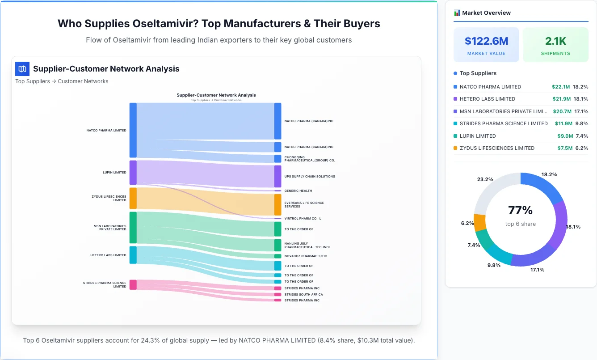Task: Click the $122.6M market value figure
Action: [x=486, y=41]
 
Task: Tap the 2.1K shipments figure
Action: [x=555, y=41]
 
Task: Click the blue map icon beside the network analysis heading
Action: [x=22, y=69]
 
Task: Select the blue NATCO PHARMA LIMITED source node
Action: [x=133, y=130]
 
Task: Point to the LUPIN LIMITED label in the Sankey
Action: [x=114, y=173]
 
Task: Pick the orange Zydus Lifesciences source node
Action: [x=133, y=198]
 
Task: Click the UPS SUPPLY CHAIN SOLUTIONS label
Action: [x=309, y=177]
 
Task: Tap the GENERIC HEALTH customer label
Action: [x=298, y=191]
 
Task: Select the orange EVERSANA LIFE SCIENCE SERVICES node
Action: [x=277, y=205]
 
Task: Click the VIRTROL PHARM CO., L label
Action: [x=303, y=219]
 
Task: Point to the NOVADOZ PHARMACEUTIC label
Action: [x=306, y=256]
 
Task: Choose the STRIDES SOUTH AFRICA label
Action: [x=303, y=295]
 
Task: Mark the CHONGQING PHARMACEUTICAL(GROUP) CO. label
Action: [x=309, y=159]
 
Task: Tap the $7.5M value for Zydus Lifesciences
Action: [x=564, y=148]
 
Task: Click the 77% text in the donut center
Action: [x=520, y=211]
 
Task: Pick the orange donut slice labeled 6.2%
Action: [x=480, y=222]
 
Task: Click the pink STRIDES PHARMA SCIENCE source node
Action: [x=133, y=285]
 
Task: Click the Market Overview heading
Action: [x=486, y=13]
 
